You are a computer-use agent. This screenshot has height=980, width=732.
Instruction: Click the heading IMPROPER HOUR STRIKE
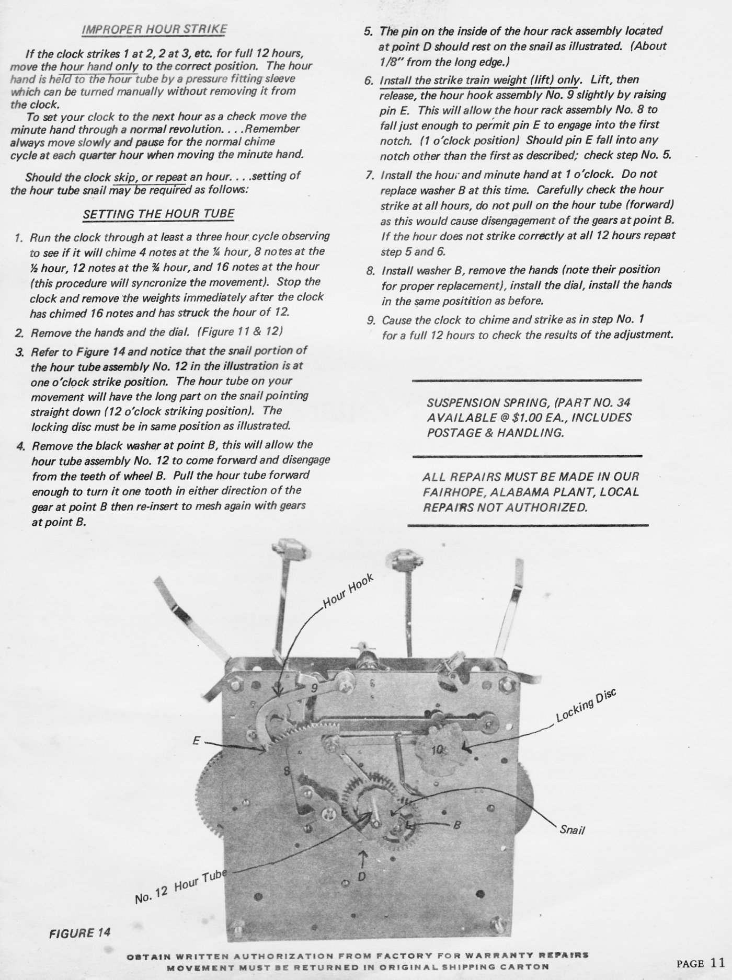(154, 29)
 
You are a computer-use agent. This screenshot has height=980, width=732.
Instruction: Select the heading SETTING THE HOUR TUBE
(158, 214)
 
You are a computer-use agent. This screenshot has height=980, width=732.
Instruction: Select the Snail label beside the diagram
(572, 829)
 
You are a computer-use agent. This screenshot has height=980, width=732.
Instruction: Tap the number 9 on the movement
(314, 688)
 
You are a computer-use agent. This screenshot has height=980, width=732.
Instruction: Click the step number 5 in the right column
(368, 31)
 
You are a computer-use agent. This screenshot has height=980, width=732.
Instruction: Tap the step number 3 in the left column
(19, 351)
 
